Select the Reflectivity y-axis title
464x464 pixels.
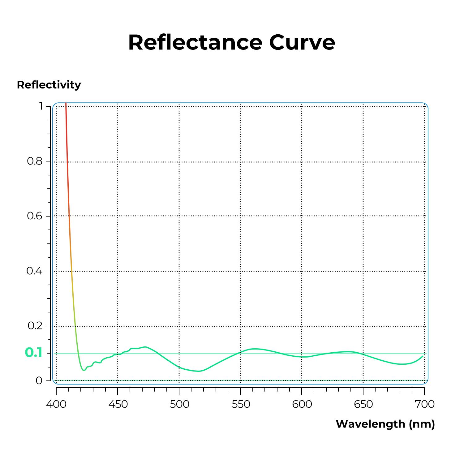tap(49, 85)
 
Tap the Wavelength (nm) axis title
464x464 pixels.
tap(385, 424)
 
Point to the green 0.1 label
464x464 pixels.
tap(33, 353)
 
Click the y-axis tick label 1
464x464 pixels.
tap(41, 106)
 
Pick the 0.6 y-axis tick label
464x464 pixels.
tap(35, 216)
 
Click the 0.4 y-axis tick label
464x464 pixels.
tap(34, 271)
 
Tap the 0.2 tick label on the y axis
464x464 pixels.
tap(35, 326)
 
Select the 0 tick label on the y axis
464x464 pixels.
tap(39, 380)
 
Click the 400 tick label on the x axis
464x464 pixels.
tap(56, 404)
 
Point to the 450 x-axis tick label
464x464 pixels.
tap(118, 404)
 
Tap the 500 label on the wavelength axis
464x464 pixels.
tap(179, 404)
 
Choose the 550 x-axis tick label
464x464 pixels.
tap(241, 404)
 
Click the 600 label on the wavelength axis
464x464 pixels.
tap(302, 404)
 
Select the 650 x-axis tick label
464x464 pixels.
tap(363, 404)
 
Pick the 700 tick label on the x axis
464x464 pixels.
tap(424, 404)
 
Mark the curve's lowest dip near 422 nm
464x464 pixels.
tap(84, 370)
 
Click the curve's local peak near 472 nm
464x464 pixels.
tap(145, 347)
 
